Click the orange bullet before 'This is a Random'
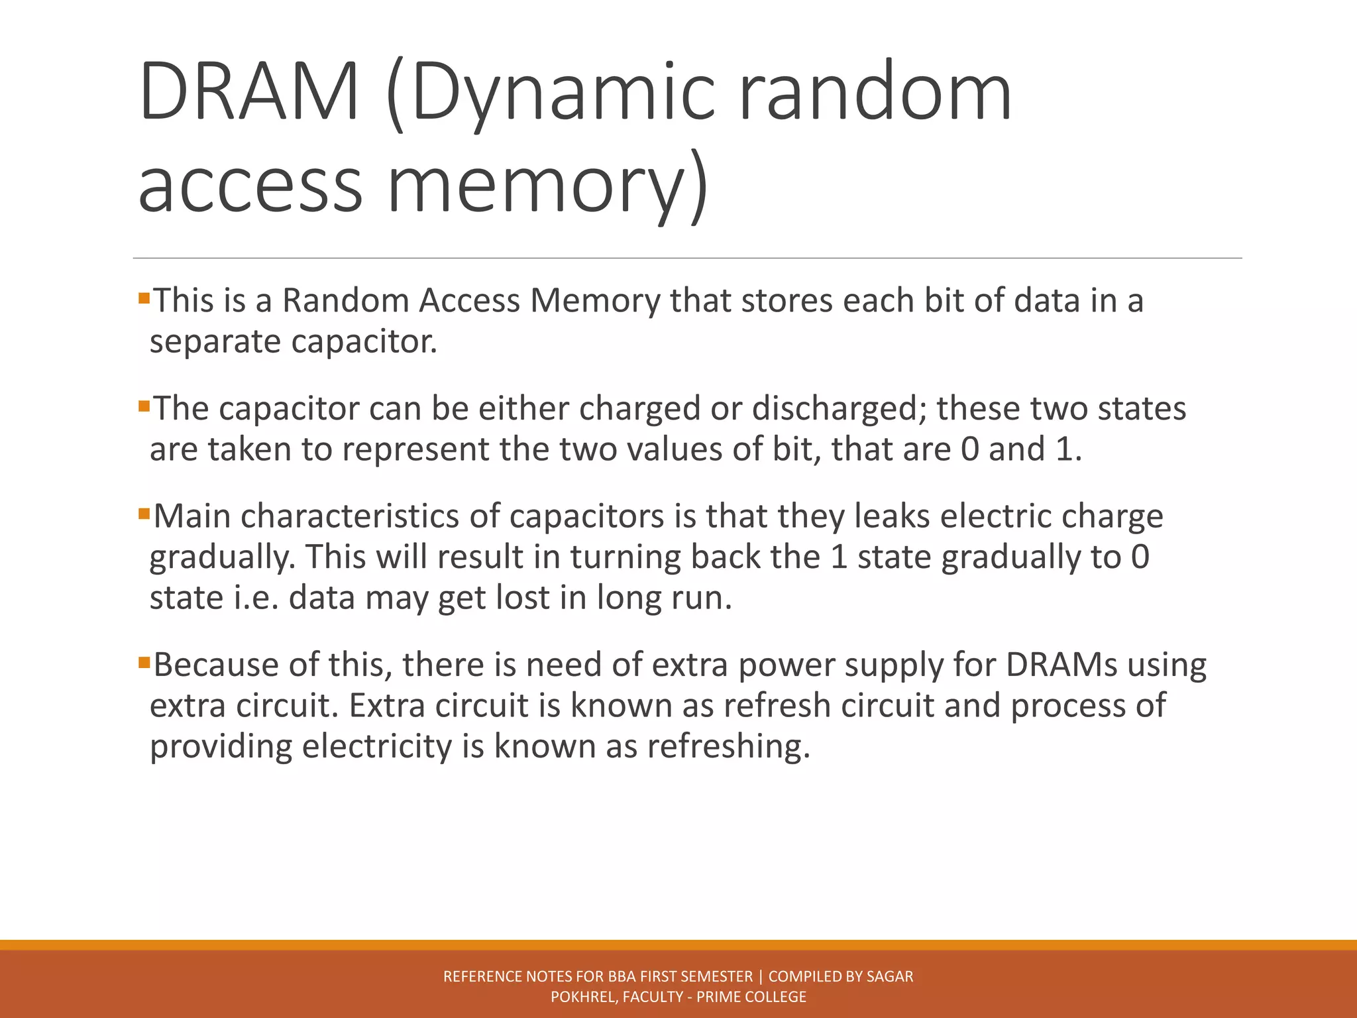144,298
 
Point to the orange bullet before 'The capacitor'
144,406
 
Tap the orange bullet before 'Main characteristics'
144,514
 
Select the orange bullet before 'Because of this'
144,662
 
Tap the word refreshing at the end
728,747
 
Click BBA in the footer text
622,976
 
